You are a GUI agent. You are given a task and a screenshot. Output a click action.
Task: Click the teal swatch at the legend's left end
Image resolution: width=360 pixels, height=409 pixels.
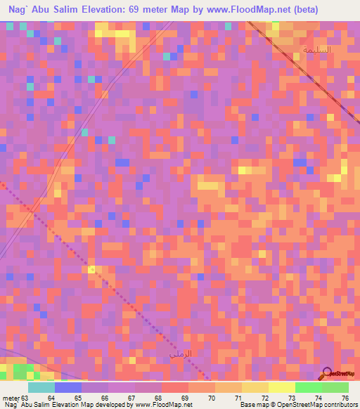click(x=41, y=387)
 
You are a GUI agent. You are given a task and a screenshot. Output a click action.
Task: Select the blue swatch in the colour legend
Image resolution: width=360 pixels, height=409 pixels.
click(x=68, y=387)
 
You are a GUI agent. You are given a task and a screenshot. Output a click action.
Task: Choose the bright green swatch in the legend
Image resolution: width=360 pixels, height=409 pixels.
click(x=308, y=387)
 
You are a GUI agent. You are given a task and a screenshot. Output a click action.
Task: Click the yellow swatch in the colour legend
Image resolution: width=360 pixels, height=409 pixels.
click(x=281, y=387)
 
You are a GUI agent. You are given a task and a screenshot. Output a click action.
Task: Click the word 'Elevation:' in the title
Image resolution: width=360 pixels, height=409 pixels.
click(x=118, y=10)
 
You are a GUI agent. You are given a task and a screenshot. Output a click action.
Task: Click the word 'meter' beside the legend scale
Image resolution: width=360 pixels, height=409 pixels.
click(x=11, y=397)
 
